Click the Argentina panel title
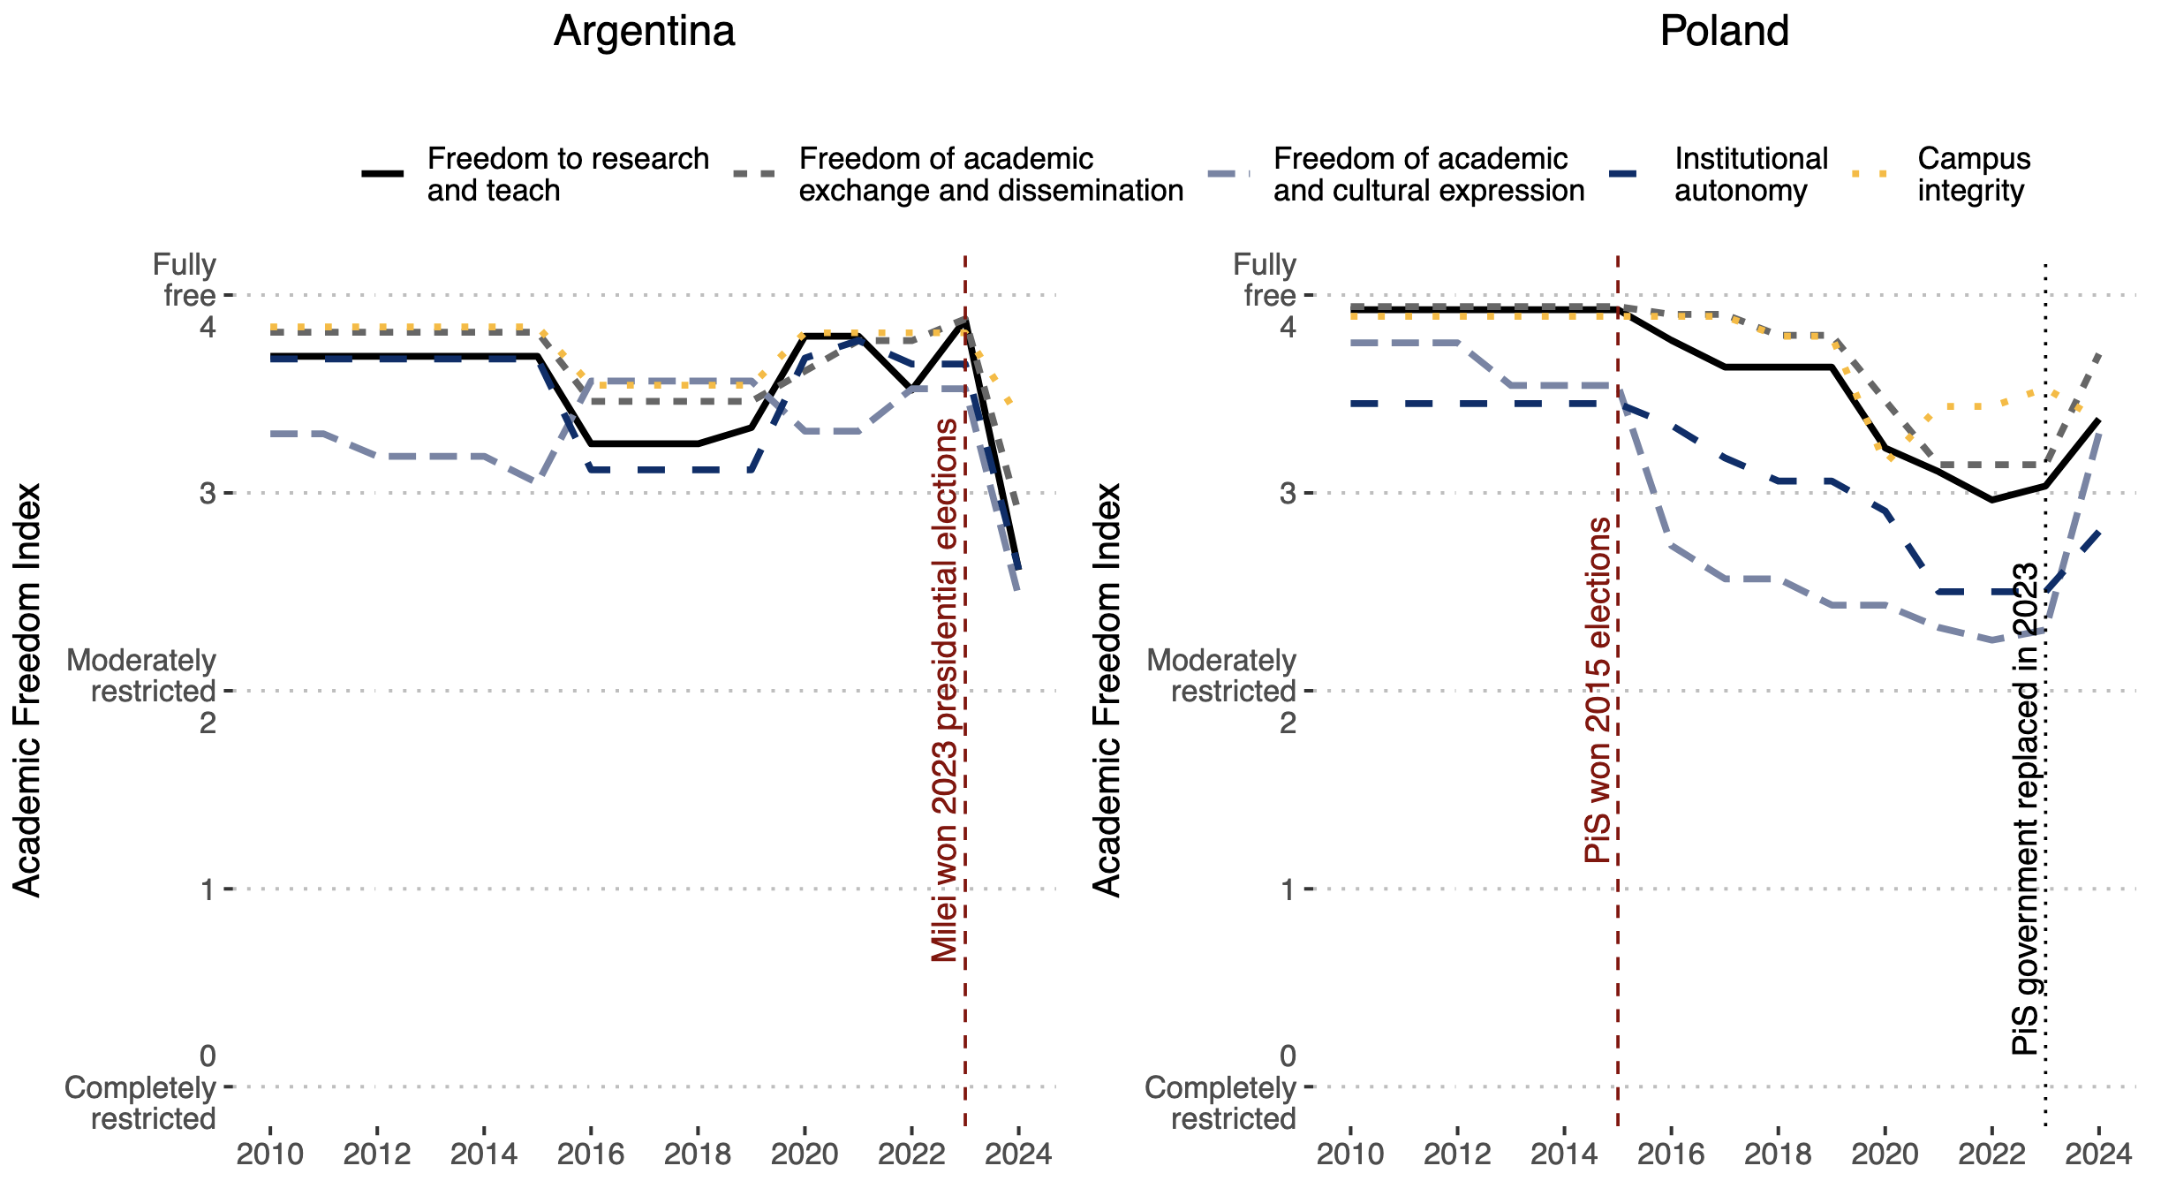pos(644,32)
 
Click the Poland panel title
pos(1724,32)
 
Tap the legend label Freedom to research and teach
pos(568,175)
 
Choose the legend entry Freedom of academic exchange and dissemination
pos(990,175)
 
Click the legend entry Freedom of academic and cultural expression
pos(1428,175)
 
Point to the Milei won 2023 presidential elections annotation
pos(945,690)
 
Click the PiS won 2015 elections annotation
pos(1598,690)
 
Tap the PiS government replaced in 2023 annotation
pos(2026,808)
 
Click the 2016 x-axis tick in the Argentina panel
pos(591,1154)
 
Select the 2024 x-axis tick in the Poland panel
pos(2098,1154)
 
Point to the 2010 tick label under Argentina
pos(270,1154)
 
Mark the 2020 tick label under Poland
pos(1885,1154)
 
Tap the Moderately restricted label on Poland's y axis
pos(1221,676)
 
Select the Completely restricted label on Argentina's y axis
pos(141,1103)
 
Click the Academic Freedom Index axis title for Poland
pos(1107,690)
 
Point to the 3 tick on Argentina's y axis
pos(208,493)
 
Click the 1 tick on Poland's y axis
pos(1288,889)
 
